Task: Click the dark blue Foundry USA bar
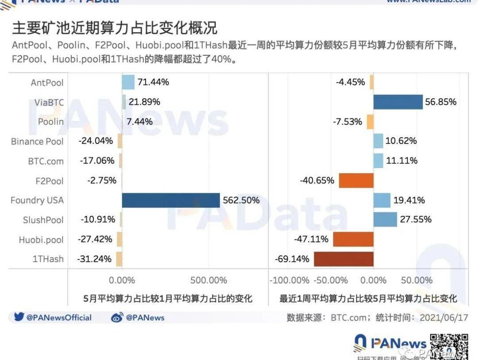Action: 171,200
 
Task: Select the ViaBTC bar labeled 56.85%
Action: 398,102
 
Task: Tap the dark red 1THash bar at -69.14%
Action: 343,259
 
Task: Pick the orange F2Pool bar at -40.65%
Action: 356,180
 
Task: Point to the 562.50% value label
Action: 241,200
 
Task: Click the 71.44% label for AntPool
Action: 153,82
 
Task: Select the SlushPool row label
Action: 43,220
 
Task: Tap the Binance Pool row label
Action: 38,142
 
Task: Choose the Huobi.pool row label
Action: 41,240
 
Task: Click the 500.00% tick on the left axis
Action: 208,280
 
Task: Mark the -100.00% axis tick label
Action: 290,280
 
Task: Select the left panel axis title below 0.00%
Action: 168,299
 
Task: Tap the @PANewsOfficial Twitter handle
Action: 58,318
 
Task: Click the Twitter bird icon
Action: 19,317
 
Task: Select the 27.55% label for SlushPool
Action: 415,220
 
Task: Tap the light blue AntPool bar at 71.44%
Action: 128,82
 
